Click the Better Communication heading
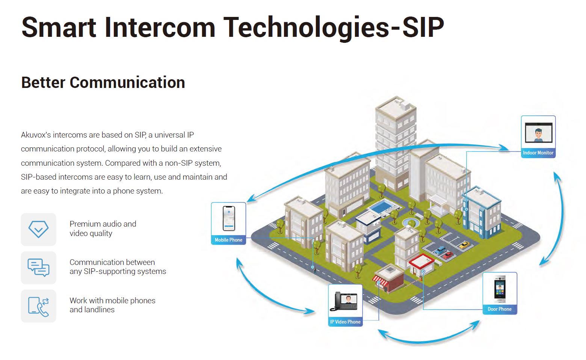tap(103, 83)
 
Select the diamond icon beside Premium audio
tap(38, 229)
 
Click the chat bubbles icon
tap(38, 268)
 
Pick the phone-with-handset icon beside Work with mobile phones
tap(38, 306)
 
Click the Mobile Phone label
tap(228, 240)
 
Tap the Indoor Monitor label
tap(538, 153)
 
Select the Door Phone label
tap(499, 309)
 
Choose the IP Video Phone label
tap(345, 322)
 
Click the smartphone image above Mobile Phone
tap(229, 218)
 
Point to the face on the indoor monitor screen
tap(538, 133)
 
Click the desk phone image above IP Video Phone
tap(344, 301)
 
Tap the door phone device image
tap(500, 289)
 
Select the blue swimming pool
tap(384, 206)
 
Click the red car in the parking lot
tap(448, 255)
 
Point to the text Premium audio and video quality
tap(103, 228)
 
